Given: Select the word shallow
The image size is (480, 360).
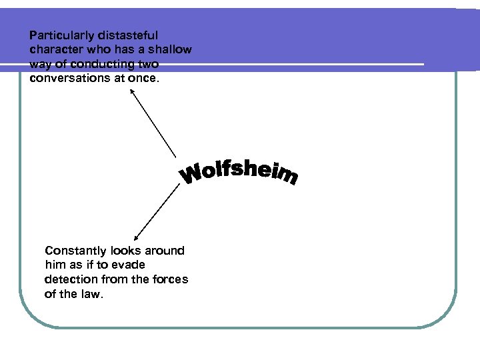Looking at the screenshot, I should (170, 49).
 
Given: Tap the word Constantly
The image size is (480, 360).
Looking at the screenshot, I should (75, 251).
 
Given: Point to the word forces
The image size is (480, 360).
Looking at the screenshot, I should (169, 279).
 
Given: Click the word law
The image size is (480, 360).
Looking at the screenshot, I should (91, 294).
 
